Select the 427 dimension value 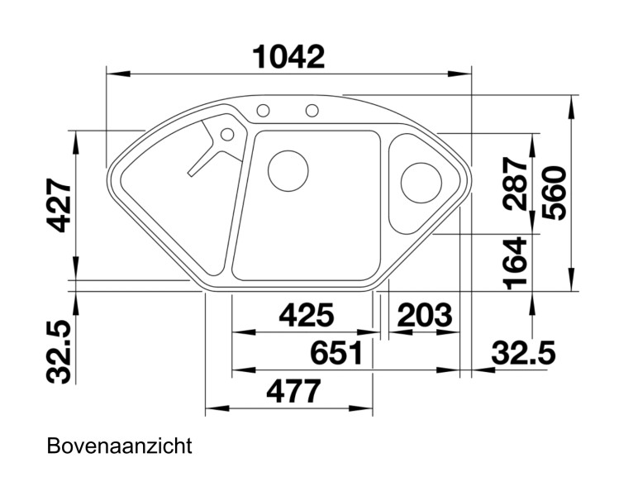pyautogui.click(x=55, y=206)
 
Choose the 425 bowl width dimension pyautogui.click(x=306, y=315)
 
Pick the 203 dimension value pyautogui.click(x=425, y=315)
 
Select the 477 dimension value pyautogui.click(x=293, y=391)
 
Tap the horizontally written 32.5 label pyautogui.click(x=522, y=353)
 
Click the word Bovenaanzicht pyautogui.click(x=120, y=446)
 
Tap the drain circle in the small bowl pyautogui.click(x=421, y=184)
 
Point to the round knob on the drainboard pyautogui.click(x=226, y=133)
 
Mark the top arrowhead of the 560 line pyautogui.click(x=572, y=101)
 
